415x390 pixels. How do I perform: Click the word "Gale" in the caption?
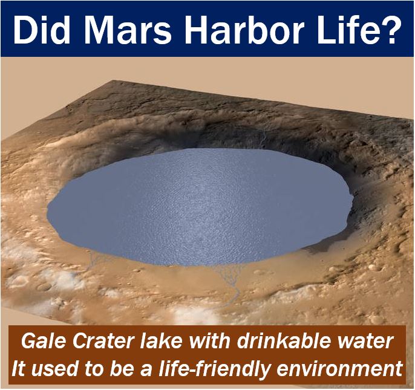44,341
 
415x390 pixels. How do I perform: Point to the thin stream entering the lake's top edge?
263,138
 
